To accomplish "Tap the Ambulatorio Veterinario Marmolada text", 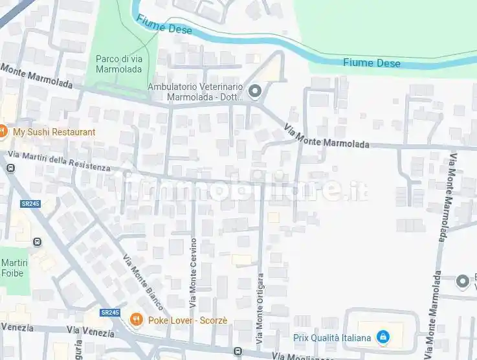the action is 195,92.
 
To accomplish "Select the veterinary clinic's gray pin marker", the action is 255,92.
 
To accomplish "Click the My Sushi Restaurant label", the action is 54,132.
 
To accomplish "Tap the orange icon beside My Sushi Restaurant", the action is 3,131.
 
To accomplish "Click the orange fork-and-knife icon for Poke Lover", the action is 136,319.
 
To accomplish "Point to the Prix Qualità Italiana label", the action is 333,337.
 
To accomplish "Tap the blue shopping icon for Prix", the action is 383,337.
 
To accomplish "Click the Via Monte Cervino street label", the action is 193,272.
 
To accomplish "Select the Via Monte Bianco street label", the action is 144,282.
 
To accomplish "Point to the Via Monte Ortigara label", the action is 260,308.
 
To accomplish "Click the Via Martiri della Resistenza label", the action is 60,161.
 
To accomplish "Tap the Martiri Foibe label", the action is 12,267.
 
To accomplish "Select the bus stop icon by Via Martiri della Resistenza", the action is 10,168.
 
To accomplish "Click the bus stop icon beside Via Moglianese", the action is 238,352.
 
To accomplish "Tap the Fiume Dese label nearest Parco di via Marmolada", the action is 172,28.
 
